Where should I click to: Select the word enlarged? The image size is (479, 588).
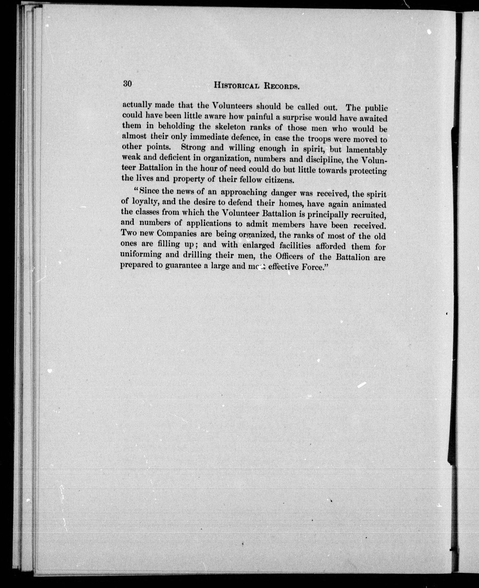coord(259,245)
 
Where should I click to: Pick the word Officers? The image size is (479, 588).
coord(289,256)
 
